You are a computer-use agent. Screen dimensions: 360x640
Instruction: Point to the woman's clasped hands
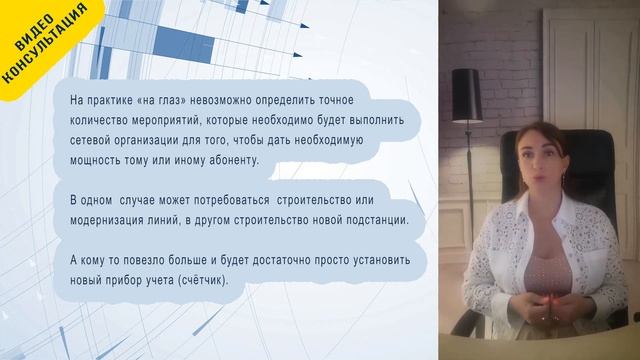click(544, 301)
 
